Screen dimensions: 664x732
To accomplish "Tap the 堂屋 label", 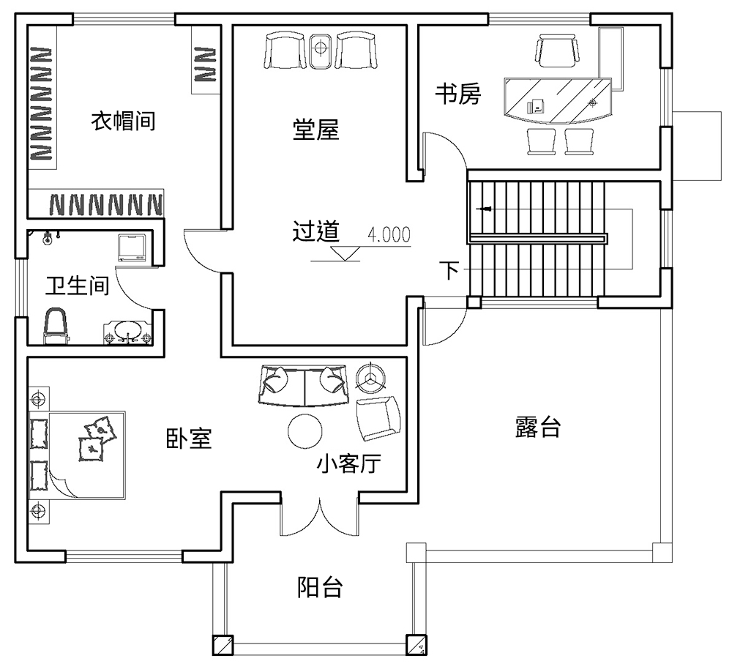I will click(315, 130).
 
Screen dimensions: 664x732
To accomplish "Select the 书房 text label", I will click(457, 94).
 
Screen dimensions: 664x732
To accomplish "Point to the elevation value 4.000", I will click(389, 235).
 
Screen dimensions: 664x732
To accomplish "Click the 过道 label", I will click(315, 232).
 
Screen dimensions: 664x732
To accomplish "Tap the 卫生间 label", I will click(77, 286).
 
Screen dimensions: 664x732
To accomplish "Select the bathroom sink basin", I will click(129, 331).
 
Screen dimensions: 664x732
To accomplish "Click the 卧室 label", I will click(188, 439).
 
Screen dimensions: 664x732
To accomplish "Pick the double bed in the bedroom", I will click(78, 454).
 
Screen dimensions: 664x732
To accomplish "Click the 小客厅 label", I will click(349, 463).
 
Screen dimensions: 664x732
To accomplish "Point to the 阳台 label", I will click(320, 587).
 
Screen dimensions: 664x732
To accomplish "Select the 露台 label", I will click(538, 428).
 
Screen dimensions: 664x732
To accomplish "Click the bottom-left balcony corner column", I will click(222, 645).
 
